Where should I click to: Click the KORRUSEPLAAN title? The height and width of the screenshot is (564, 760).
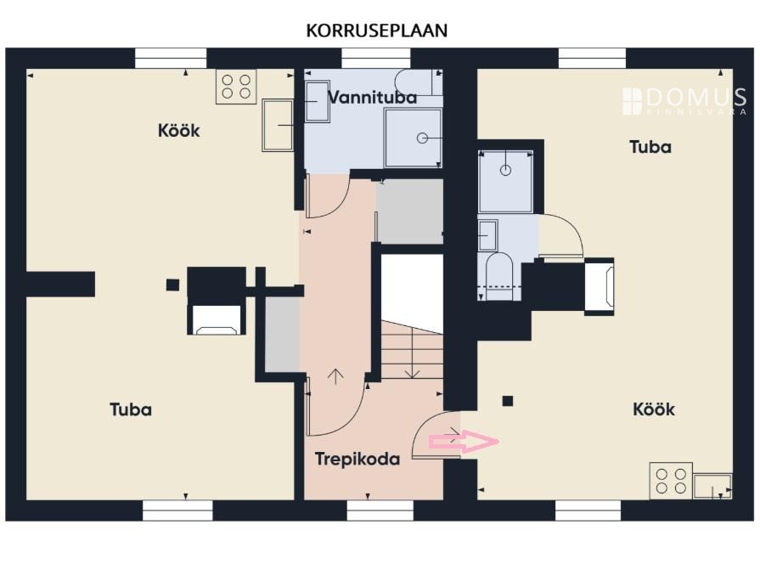[x=377, y=31]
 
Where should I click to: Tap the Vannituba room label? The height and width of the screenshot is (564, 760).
[x=372, y=98]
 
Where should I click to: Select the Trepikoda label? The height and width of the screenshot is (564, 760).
[x=357, y=460]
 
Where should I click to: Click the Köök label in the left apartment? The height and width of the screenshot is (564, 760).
[x=179, y=131]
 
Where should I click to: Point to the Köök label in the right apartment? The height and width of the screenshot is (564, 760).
[x=654, y=409]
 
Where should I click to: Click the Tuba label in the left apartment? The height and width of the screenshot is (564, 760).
[x=131, y=409]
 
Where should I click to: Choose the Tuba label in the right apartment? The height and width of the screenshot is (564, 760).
[x=650, y=147]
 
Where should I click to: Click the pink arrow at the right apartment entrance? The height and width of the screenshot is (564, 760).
[x=464, y=442]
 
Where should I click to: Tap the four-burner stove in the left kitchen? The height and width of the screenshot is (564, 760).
[x=236, y=87]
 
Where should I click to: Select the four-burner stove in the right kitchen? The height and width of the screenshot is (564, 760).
[x=671, y=481]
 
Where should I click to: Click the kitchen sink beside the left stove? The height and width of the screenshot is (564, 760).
[x=278, y=126]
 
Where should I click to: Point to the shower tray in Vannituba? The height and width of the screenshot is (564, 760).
[x=413, y=138]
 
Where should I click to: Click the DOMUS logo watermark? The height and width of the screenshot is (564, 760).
[x=684, y=101]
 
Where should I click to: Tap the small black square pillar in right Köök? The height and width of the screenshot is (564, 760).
[x=508, y=401]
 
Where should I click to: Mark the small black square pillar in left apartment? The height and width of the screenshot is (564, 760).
[x=172, y=285]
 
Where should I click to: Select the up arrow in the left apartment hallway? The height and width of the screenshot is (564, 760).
[x=335, y=377]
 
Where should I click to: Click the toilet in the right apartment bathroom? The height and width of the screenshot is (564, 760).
[x=499, y=275]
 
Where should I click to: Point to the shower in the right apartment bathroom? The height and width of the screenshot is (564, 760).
[x=505, y=182]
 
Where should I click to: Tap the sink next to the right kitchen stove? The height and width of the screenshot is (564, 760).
[x=712, y=487]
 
